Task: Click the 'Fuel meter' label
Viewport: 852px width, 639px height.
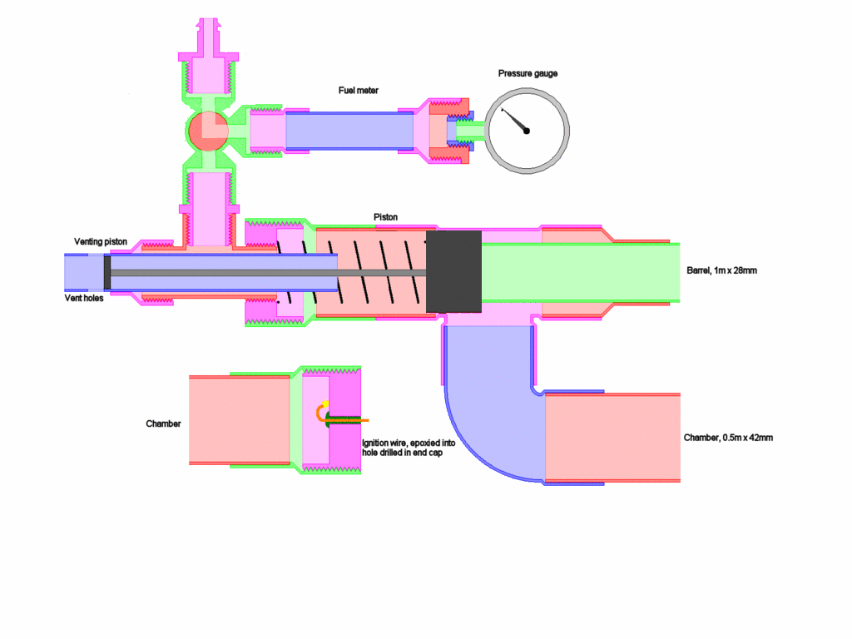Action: (x=358, y=90)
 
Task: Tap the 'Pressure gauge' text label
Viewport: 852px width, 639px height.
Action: (x=528, y=73)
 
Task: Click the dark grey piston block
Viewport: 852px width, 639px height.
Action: (x=453, y=272)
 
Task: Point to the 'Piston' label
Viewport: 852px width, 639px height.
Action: (x=385, y=217)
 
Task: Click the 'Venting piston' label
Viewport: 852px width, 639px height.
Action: (x=100, y=241)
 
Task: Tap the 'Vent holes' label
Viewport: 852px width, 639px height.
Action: (x=84, y=298)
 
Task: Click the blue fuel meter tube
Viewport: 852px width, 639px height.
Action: (x=349, y=130)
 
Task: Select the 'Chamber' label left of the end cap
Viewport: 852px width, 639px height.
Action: (x=163, y=424)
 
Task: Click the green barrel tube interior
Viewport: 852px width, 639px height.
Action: (x=582, y=272)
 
